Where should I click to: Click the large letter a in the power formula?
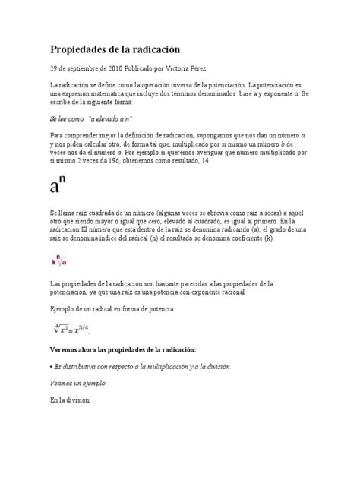58,188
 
